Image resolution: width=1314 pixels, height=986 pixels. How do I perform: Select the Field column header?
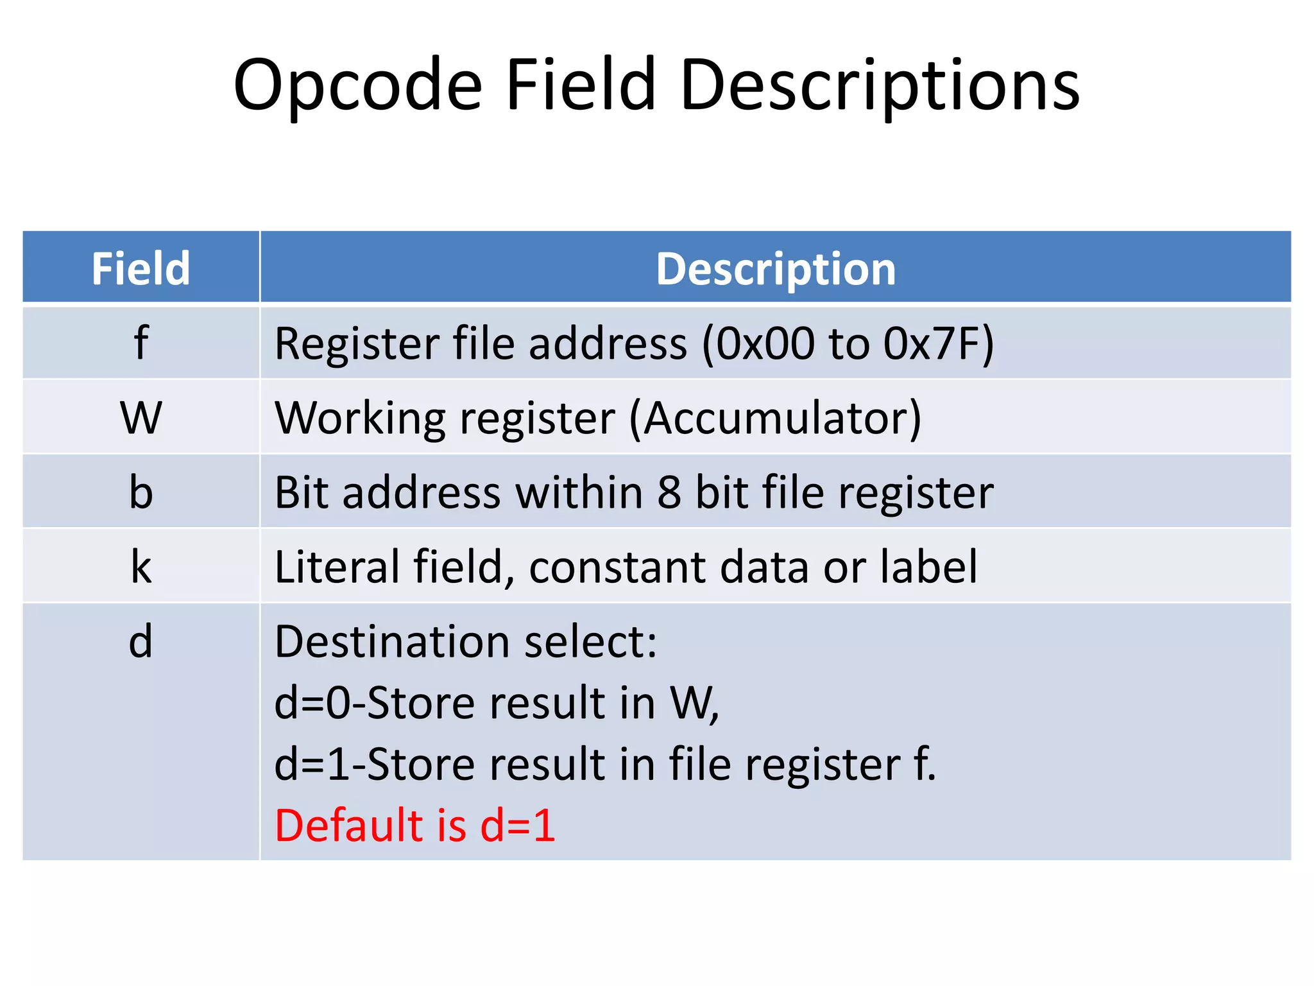pyautogui.click(x=141, y=268)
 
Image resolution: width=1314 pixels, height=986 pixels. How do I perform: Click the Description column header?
pyautogui.click(x=775, y=268)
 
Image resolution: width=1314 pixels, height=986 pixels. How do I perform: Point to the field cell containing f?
pyautogui.click(x=141, y=343)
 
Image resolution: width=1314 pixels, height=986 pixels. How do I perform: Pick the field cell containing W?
pyautogui.click(x=141, y=418)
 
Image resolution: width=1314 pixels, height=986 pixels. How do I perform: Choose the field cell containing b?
pyautogui.click(x=141, y=492)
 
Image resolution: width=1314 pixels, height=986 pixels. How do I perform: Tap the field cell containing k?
pyautogui.click(x=141, y=567)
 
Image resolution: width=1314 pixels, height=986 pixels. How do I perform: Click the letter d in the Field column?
pyautogui.click(x=141, y=641)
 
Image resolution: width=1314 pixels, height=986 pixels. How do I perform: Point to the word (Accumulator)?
pyautogui.click(x=775, y=419)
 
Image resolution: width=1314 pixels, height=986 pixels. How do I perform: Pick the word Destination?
pyautogui.click(x=391, y=641)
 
